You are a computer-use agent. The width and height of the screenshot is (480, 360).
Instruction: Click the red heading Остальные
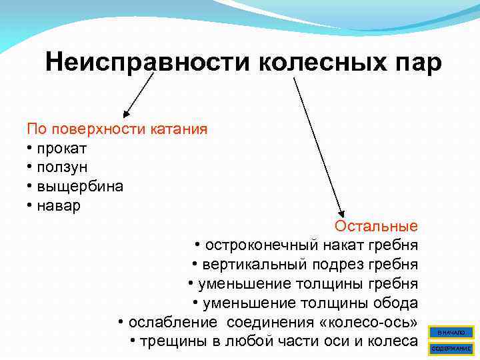376,226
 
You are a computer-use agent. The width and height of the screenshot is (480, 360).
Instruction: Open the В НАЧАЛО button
451,332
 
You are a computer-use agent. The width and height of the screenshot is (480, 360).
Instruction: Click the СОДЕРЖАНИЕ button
451,348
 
